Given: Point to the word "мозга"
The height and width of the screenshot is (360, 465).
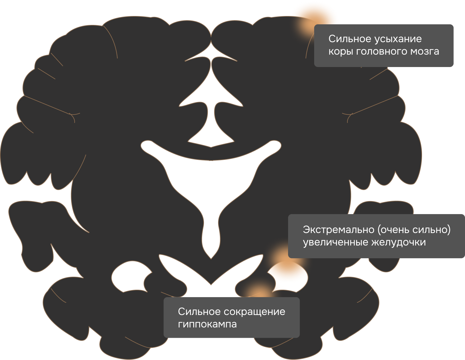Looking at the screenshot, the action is [x=425, y=52].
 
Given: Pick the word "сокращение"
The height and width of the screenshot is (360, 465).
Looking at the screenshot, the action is [x=254, y=312].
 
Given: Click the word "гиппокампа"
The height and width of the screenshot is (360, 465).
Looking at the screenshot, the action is [x=207, y=324].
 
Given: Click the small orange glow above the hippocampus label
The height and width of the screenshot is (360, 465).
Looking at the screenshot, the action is [x=256, y=291].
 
